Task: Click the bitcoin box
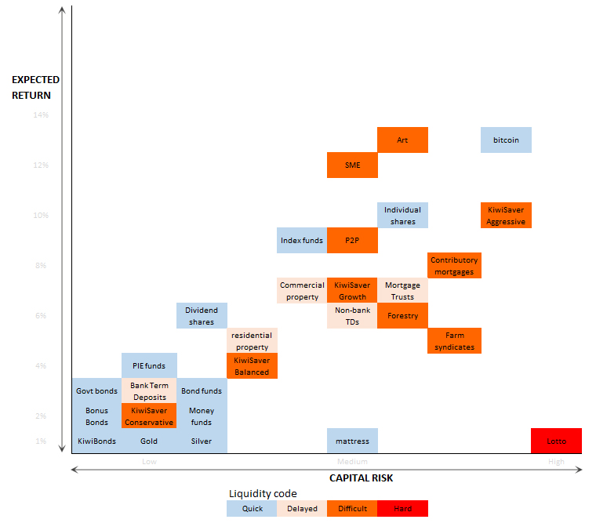point(506,140)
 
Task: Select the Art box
point(402,140)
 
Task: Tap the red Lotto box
point(556,441)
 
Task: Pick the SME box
point(352,165)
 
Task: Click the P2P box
point(352,241)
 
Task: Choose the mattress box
point(352,441)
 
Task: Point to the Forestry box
point(402,316)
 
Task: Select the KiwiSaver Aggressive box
point(506,216)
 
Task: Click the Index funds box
point(302,241)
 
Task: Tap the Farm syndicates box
point(455,341)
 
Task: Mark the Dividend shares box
point(202,316)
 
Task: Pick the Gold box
point(149,441)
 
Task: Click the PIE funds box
point(149,366)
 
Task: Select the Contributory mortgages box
point(455,266)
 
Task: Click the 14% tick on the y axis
point(41,115)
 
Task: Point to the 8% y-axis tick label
point(41,266)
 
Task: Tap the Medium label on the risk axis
point(352,462)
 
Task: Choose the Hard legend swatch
point(402,508)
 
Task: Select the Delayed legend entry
point(302,508)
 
